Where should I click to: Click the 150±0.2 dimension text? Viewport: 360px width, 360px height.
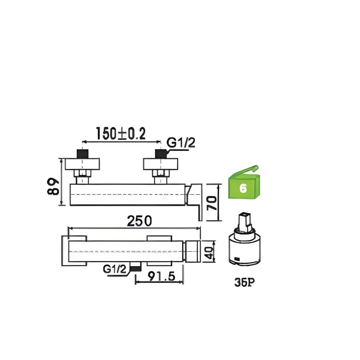(121, 133)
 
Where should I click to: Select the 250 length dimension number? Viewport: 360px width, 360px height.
(139, 221)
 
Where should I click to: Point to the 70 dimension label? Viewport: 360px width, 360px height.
(212, 203)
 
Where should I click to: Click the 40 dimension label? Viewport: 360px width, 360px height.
(209, 252)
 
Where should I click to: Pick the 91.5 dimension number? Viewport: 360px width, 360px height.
(161, 276)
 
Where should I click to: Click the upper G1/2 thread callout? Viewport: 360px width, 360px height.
(181, 143)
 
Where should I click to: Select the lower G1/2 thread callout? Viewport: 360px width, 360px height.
(115, 269)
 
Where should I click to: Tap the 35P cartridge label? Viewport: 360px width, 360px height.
(244, 282)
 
